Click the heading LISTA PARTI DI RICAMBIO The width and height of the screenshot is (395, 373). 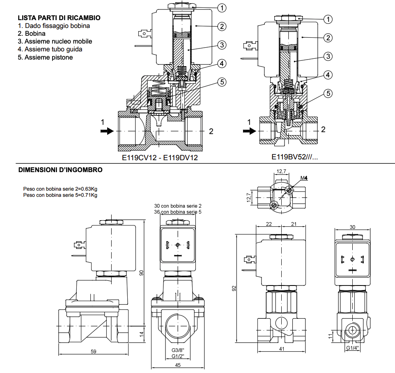(x=59, y=18)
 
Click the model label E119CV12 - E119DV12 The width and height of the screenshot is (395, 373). (x=160, y=157)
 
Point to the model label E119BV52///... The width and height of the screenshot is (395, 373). (x=294, y=157)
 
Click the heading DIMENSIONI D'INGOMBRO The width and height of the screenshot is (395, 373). (x=60, y=170)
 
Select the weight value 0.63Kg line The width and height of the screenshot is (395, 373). (x=60, y=189)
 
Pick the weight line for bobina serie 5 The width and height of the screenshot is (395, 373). (x=60, y=195)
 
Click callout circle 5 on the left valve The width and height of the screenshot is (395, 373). (x=222, y=82)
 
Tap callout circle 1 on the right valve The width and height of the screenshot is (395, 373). (x=328, y=19)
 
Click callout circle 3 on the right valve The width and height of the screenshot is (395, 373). (x=328, y=56)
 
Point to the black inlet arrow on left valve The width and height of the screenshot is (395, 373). (x=107, y=131)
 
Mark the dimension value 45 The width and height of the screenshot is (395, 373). (x=178, y=364)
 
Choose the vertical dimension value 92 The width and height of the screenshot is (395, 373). (x=234, y=288)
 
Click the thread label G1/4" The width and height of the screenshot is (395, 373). (x=352, y=348)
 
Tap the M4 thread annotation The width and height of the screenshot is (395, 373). (x=304, y=177)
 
